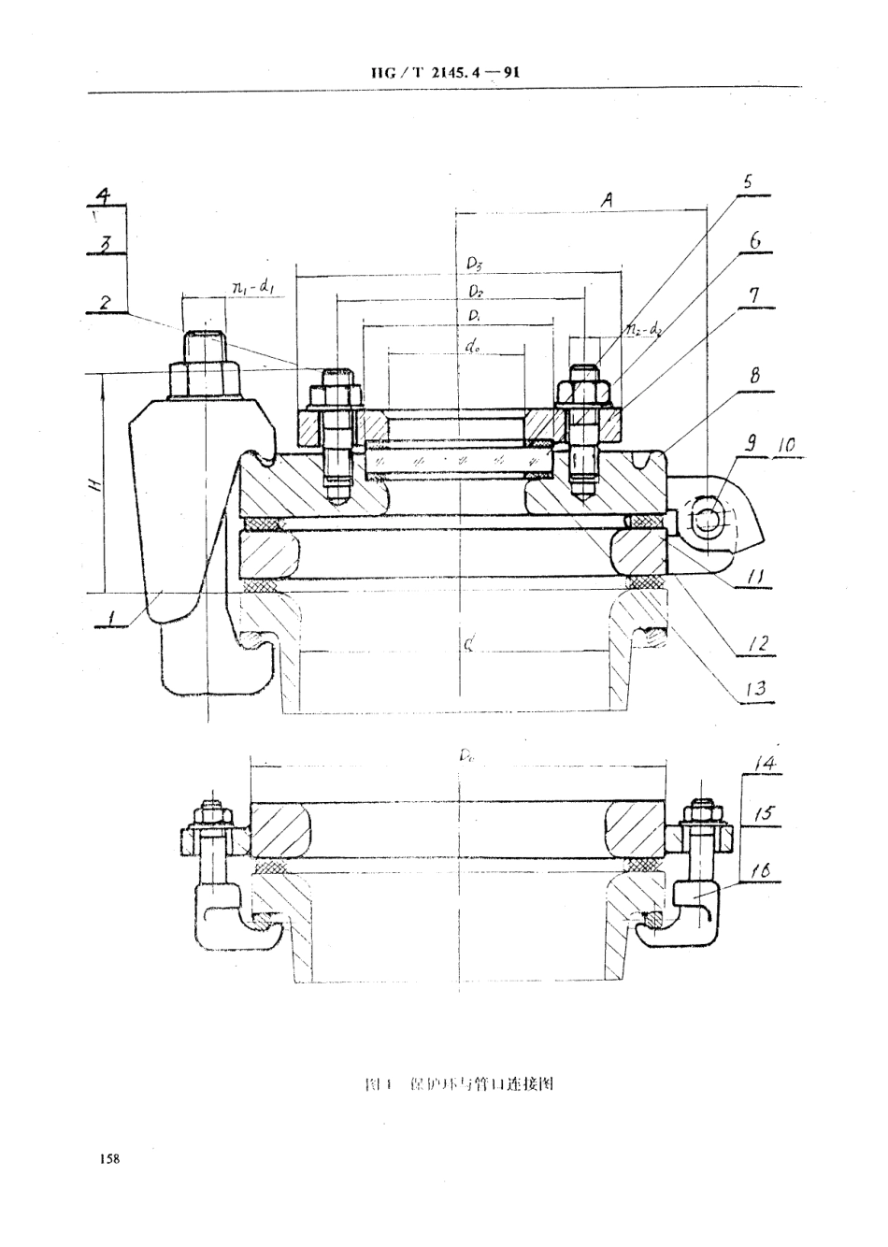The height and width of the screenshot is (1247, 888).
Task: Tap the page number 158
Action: [108, 1159]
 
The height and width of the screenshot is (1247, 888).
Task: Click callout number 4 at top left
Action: [105, 196]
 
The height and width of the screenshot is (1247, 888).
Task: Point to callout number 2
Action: [107, 303]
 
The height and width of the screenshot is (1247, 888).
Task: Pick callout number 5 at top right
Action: [746, 181]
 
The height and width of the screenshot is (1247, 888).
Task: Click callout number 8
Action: [753, 376]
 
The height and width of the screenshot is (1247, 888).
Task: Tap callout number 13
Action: [754, 690]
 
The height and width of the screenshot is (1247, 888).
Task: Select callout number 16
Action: [761, 871]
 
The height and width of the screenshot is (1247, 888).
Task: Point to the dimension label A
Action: [607, 198]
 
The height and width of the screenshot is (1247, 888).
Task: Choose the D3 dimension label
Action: [476, 265]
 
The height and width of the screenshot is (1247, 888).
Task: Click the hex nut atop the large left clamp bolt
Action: [205, 379]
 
